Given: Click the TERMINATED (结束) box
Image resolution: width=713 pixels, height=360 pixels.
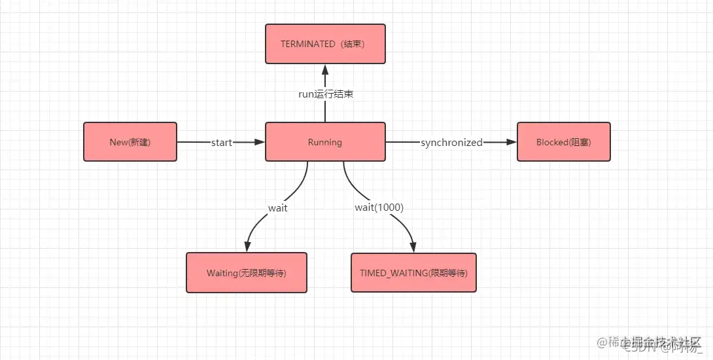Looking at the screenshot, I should (x=325, y=44).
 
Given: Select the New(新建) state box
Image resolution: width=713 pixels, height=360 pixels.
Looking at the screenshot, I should (x=130, y=141).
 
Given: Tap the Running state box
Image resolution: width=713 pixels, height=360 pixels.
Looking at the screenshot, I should (x=325, y=141).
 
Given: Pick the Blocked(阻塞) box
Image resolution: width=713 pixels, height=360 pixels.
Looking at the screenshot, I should (x=563, y=141).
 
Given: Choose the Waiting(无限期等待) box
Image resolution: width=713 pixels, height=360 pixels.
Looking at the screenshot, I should (x=247, y=272).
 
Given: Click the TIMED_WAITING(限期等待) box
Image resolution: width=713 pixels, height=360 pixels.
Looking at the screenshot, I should (x=414, y=272).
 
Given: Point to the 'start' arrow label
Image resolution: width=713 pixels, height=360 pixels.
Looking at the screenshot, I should (x=221, y=142).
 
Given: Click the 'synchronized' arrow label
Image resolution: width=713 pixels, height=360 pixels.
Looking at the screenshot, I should (x=451, y=142).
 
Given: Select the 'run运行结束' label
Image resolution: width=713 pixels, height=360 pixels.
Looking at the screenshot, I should (x=325, y=94).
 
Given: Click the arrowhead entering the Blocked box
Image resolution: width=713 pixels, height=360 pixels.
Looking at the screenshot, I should (x=512, y=142).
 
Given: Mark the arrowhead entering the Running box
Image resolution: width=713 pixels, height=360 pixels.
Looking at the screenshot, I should (x=259, y=142).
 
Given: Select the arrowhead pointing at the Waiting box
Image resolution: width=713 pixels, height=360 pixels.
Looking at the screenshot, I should (x=247, y=247).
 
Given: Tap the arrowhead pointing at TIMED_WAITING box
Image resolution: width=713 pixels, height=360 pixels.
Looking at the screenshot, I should (x=414, y=247).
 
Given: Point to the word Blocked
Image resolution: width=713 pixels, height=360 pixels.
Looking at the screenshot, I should (x=551, y=141).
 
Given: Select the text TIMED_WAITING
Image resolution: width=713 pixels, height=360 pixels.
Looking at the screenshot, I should (x=393, y=272).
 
